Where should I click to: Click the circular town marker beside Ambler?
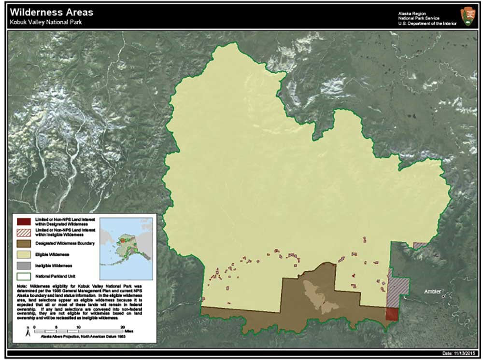(443, 295)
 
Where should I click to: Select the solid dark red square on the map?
(392, 314)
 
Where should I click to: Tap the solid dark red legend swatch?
(23, 222)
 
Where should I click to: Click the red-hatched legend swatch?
(23, 233)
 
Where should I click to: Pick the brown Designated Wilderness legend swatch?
(23, 244)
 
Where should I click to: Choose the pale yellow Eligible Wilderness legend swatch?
(23, 254)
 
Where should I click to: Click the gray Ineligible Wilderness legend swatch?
(23, 265)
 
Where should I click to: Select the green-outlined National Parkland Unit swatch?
(23, 277)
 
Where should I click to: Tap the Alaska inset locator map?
(126, 242)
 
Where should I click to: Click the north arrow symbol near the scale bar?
(28, 331)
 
